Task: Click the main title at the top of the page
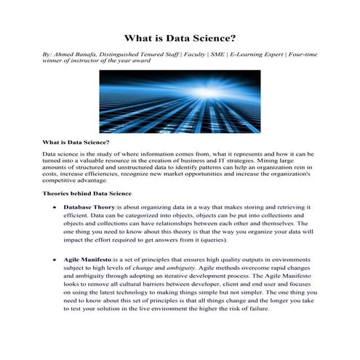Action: pyautogui.click(x=180, y=37)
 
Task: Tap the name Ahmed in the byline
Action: pyautogui.click(x=65, y=55)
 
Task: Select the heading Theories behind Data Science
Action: pyautogui.click(x=87, y=194)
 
